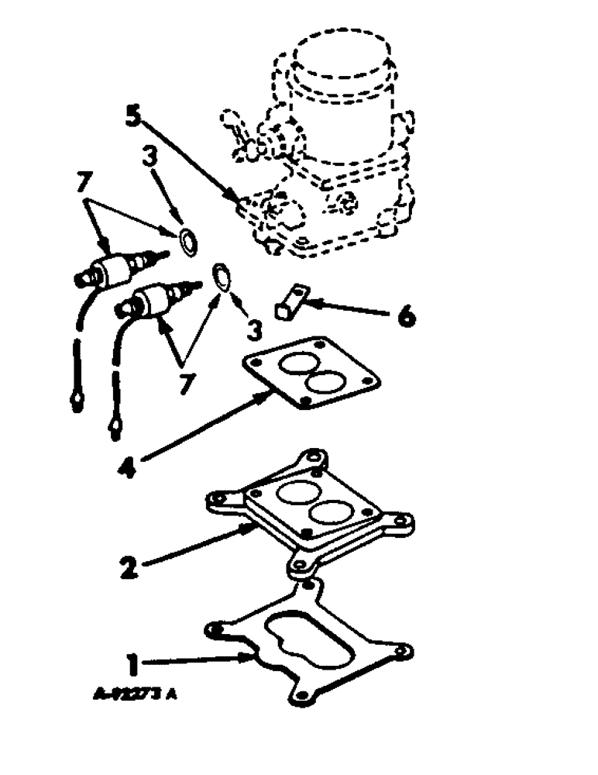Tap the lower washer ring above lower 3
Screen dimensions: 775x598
[x=222, y=277]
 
